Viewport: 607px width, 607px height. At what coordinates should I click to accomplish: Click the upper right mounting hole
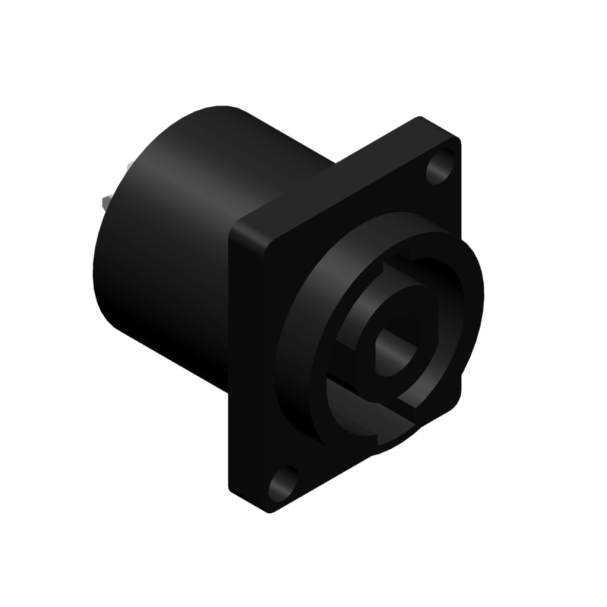coord(442,167)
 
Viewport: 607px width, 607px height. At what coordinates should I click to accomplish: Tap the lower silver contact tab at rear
coord(107,202)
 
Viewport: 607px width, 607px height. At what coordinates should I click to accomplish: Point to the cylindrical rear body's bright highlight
coord(196,178)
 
